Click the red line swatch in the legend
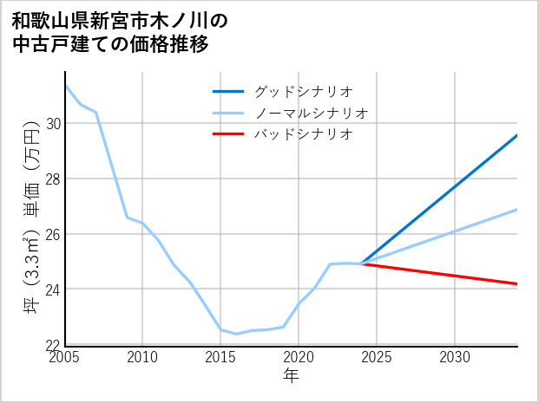pyautogui.click(x=229, y=134)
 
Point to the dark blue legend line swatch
pyautogui.click(x=229, y=91)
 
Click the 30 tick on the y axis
pyautogui.click(x=54, y=124)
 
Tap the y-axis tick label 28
pyautogui.click(x=54, y=179)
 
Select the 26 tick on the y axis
pyautogui.click(x=54, y=234)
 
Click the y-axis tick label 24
pyautogui.click(x=54, y=289)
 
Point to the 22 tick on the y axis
pyautogui.click(x=54, y=344)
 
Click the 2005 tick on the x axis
pyautogui.click(x=65, y=357)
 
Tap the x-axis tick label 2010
pyautogui.click(x=143, y=357)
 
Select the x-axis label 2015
pyautogui.click(x=220, y=357)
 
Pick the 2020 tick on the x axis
pyautogui.click(x=299, y=357)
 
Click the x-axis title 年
pyautogui.click(x=292, y=375)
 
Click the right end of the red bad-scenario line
pyautogui.click(x=516, y=283)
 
